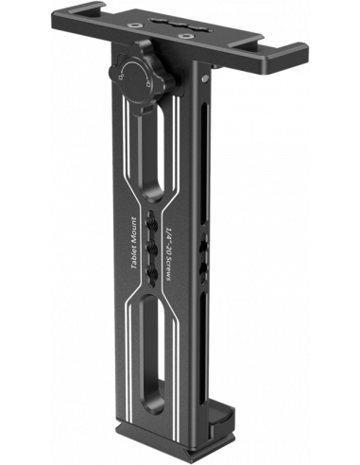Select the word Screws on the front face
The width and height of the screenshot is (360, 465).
168,267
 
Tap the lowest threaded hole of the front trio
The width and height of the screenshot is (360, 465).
152,271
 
